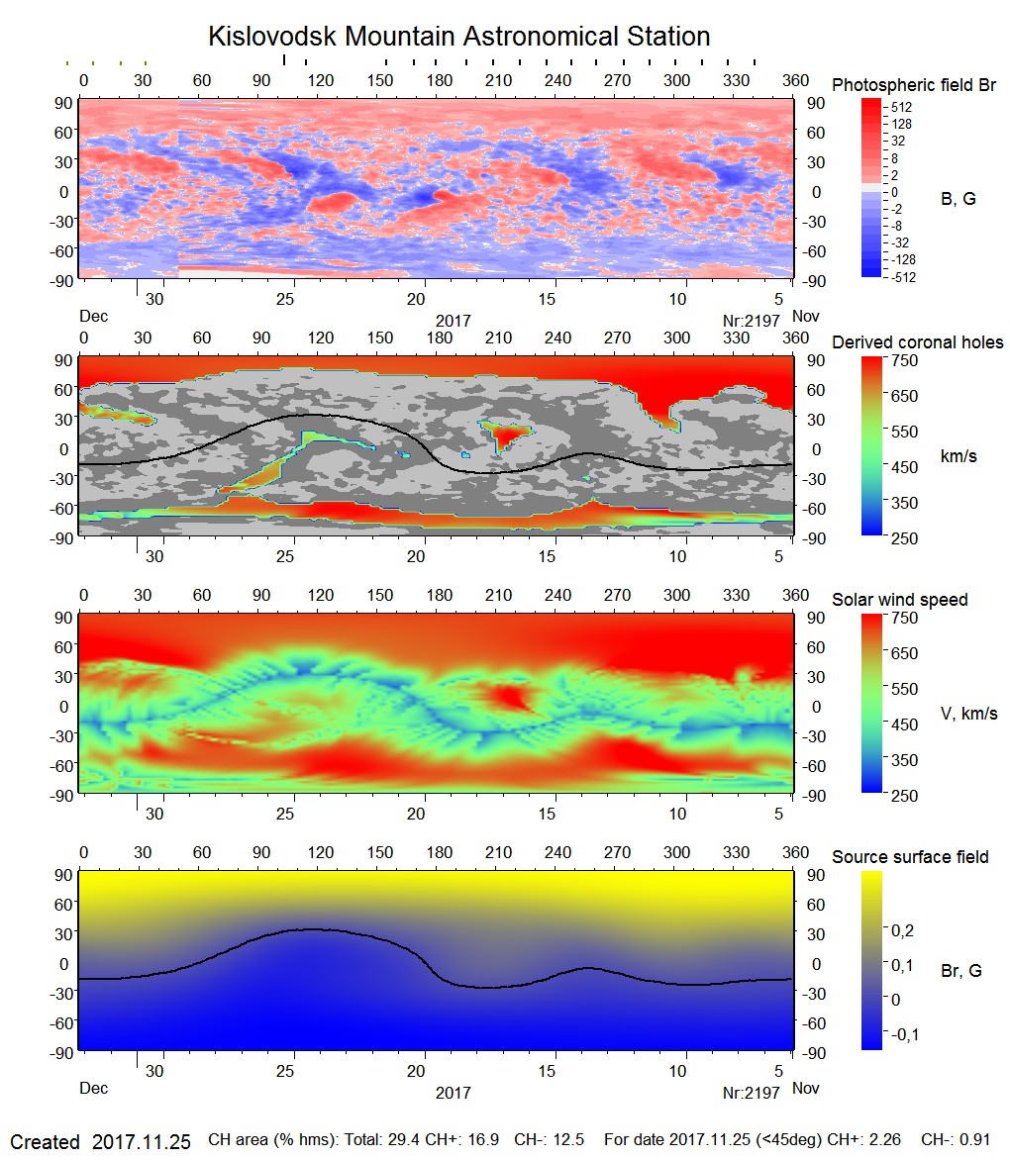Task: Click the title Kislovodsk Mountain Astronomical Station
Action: [x=458, y=37]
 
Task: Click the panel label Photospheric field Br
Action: [x=914, y=85]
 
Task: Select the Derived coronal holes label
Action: [x=917, y=342]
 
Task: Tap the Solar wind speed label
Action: [x=899, y=600]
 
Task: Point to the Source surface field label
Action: [x=910, y=857]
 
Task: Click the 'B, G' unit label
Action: [x=958, y=199]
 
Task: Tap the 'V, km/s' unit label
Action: [x=968, y=714]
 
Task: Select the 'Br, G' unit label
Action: [x=960, y=971]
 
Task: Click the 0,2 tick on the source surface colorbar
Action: [x=902, y=930]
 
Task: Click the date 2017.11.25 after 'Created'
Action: [x=141, y=1141]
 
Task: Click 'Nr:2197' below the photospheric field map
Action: [x=752, y=321]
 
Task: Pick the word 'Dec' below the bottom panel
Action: [x=93, y=1089]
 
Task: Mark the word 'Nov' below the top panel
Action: [x=808, y=317]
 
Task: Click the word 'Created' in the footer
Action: [x=45, y=1141]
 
